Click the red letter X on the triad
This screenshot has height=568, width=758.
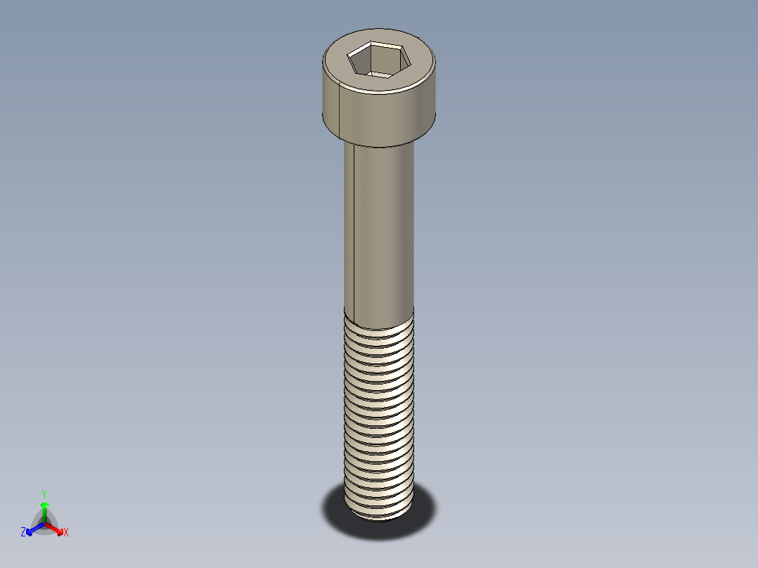coord(66,533)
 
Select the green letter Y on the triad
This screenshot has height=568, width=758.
coord(44,494)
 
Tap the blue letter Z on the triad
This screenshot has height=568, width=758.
coord(23,533)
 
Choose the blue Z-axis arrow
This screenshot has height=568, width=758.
coord(32,529)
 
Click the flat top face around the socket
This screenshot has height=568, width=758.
coord(415,63)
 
